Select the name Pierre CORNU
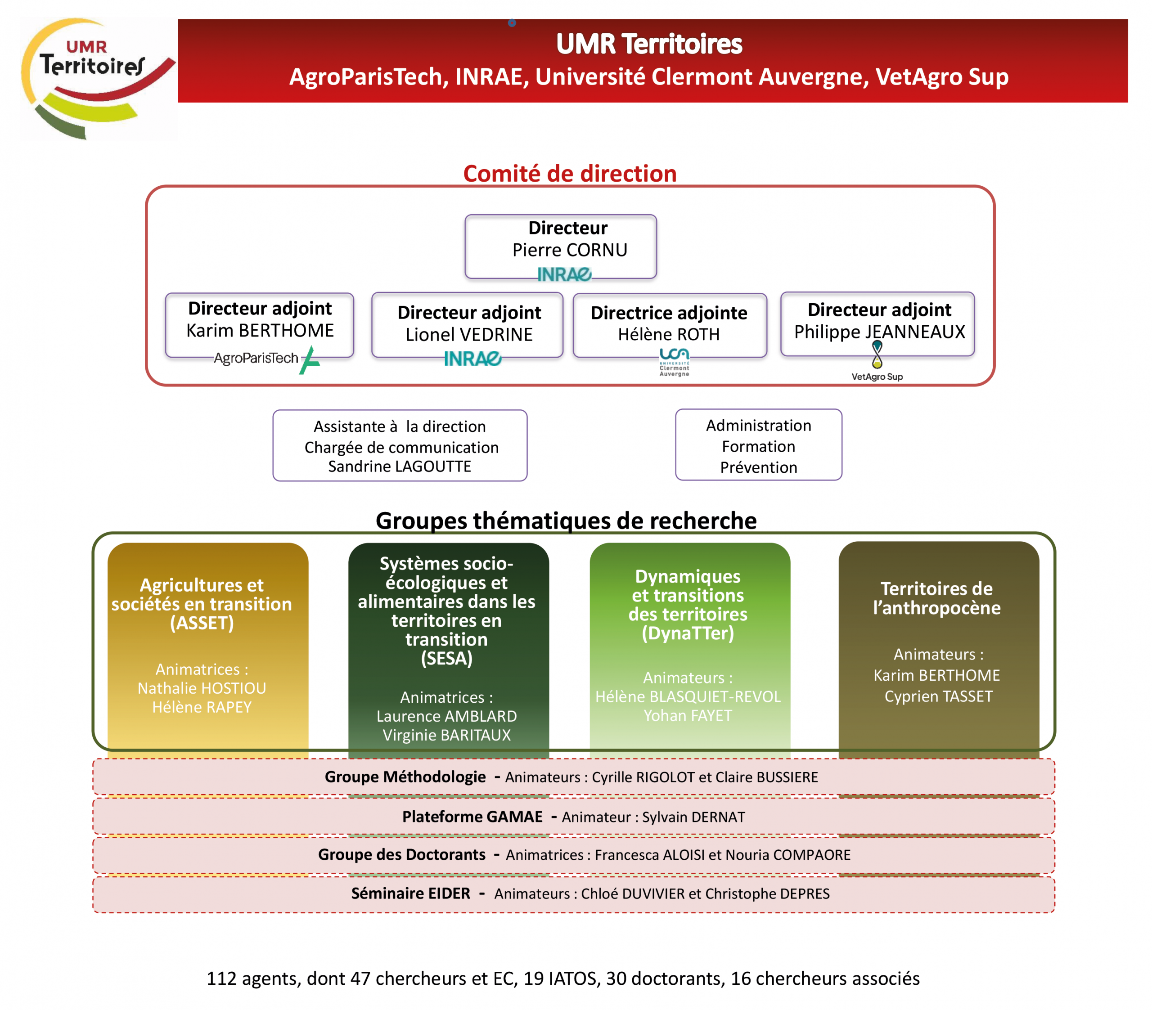tap(569, 250)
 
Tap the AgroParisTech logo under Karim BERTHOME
tap(266, 359)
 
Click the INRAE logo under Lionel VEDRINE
tap(472, 359)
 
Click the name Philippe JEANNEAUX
tap(879, 332)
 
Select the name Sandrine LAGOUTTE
tap(400, 466)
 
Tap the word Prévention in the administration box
tap(759, 467)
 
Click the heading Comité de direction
tap(570, 174)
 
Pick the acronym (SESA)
tap(446, 658)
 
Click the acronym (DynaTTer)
tap(688, 633)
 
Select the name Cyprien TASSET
tap(938, 696)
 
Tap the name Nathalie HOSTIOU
tap(202, 688)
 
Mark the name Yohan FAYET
tap(688, 715)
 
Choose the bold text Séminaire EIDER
tap(410, 893)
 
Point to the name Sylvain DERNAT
tap(693, 817)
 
